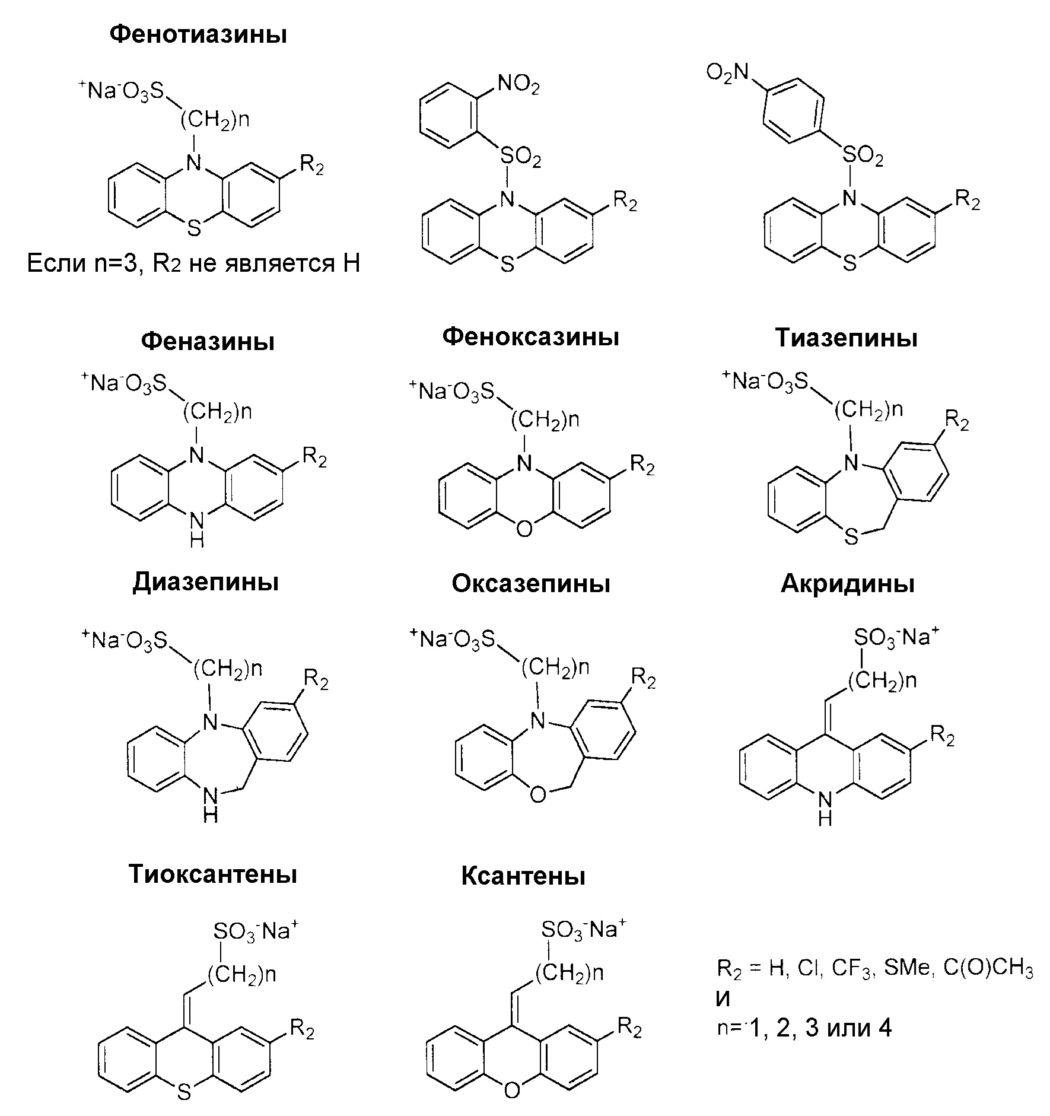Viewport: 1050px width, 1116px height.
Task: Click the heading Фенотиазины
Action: point(198,35)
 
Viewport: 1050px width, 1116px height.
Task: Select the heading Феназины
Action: point(208,342)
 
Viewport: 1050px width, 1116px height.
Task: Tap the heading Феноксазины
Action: point(530,337)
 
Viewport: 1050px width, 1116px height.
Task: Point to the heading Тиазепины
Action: point(847,338)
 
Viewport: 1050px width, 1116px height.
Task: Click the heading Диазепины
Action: point(205,582)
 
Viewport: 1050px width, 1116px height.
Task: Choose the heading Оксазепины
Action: point(530,584)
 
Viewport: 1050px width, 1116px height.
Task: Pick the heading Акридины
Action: point(847,584)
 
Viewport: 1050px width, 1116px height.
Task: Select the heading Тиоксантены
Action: point(212,874)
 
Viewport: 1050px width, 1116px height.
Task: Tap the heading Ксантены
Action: point(523,876)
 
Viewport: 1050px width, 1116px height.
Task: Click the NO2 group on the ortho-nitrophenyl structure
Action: point(518,85)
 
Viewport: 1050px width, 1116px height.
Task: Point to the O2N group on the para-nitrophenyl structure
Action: point(727,73)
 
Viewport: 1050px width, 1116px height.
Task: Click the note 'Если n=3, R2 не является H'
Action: point(193,263)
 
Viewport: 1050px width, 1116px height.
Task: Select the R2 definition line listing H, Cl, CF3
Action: point(874,969)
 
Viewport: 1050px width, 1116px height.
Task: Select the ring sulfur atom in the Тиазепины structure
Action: point(851,537)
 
